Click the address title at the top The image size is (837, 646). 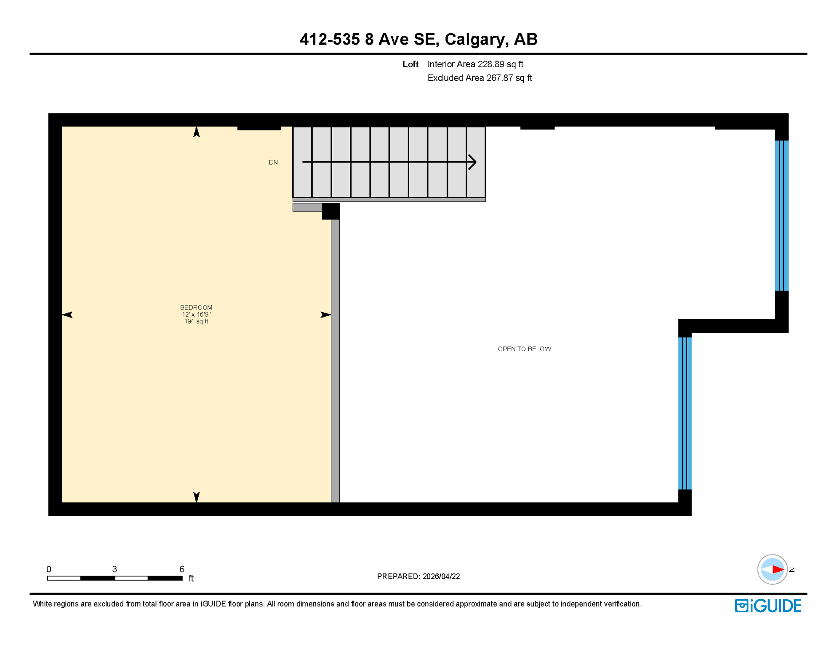418,39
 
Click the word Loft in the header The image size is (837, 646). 410,64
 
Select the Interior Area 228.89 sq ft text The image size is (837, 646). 475,64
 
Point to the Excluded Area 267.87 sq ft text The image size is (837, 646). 480,78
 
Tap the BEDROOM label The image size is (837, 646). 196,307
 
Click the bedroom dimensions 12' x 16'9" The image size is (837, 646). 196,315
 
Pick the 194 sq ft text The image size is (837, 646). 196,321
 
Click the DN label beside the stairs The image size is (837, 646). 273,162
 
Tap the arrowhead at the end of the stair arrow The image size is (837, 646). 472,162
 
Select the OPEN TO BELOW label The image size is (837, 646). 524,349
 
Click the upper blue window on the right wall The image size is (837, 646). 781,215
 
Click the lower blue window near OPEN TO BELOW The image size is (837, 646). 685,413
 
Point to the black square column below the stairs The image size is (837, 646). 331,211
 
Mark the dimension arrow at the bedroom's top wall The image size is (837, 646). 196,132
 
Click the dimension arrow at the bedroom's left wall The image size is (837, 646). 67,315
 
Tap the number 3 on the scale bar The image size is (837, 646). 115,569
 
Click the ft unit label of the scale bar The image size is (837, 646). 191,579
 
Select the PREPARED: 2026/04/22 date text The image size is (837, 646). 418,577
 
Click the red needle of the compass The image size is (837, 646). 778,570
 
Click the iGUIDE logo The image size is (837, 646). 768,606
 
